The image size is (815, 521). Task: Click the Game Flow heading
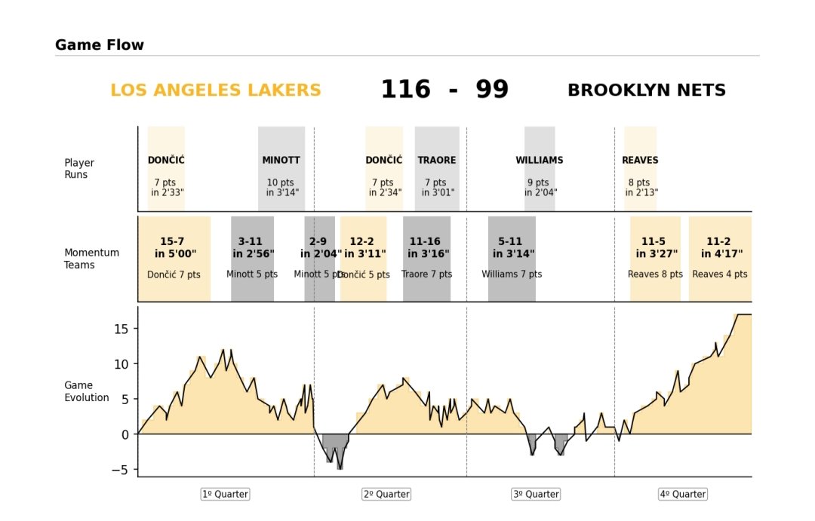100,45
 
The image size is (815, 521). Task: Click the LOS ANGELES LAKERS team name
216,90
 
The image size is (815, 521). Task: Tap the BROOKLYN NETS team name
646,90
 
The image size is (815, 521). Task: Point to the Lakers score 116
405,90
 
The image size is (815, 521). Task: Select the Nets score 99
492,90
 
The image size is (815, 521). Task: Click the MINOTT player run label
281,161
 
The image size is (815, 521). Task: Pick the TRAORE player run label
437,161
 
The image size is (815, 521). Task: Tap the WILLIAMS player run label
540,161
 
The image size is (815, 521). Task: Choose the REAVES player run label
640,161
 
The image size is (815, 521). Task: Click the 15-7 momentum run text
172,241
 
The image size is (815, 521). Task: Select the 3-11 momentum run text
250,241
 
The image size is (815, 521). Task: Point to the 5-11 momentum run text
510,241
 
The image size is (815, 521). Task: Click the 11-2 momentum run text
718,241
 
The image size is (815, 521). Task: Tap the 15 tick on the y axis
121,329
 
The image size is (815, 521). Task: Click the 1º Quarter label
225,495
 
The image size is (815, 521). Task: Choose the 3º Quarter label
536,495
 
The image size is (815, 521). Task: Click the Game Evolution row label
87,391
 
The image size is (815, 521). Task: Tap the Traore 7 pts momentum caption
426,274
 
